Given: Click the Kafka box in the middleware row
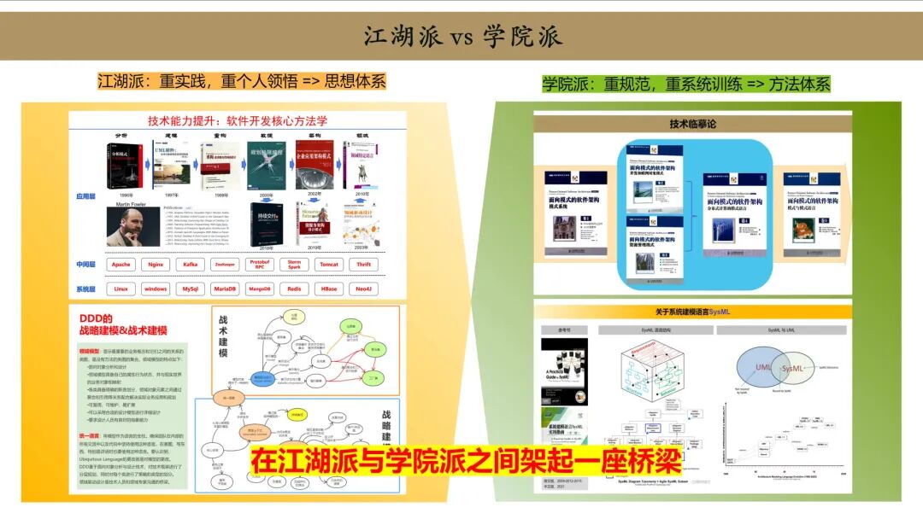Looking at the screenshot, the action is point(191,265).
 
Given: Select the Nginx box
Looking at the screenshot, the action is point(156,265).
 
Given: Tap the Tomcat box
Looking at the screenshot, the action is point(328,265).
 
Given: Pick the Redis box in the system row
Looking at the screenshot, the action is point(294,289).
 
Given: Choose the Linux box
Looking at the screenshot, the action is point(121,289).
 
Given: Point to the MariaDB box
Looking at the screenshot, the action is point(225,289).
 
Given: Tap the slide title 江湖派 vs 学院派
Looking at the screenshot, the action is point(462,38).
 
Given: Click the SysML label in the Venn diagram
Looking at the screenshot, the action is point(793,369).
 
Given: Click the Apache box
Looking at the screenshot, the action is point(121,265).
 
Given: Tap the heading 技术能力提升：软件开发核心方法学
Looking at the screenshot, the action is point(238,120).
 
